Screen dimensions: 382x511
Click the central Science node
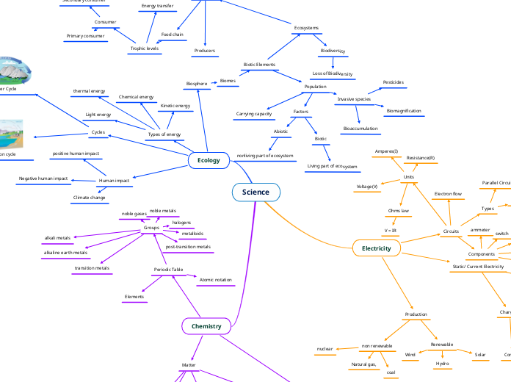pyautogui.click(x=255, y=192)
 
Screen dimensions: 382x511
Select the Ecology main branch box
pyautogui.click(x=209, y=160)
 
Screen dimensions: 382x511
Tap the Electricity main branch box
pyautogui.click(x=377, y=249)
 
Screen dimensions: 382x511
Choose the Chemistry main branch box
pyautogui.click(x=206, y=325)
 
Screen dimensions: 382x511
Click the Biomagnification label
pyautogui.click(x=404, y=111)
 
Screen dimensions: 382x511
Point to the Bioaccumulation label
pyautogui.click(x=360, y=129)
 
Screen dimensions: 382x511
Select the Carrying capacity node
pyautogui.click(x=254, y=115)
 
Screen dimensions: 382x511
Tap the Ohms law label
pyautogui.click(x=399, y=210)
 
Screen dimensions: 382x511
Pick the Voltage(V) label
pyautogui.click(x=367, y=187)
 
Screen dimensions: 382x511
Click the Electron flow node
pyautogui.click(x=448, y=194)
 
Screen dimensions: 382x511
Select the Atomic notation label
pyautogui.click(x=216, y=280)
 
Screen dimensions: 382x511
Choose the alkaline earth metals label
pyautogui.click(x=65, y=253)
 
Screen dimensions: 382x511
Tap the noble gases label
pyautogui.click(x=134, y=214)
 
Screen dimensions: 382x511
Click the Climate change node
pyautogui.click(x=89, y=198)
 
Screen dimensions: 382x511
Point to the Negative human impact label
pyautogui.click(x=43, y=179)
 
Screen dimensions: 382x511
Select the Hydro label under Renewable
pyautogui.click(x=442, y=364)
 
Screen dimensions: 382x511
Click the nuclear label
pyautogui.click(x=325, y=349)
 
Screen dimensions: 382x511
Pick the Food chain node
pyautogui.click(x=173, y=35)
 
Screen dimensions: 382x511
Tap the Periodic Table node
pyautogui.click(x=168, y=270)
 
